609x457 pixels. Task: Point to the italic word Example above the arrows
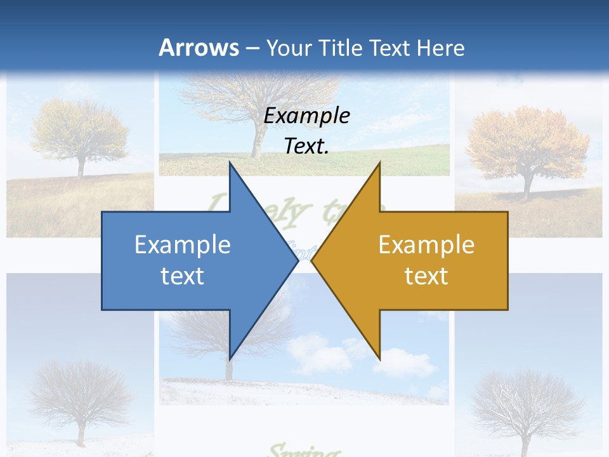click(x=307, y=116)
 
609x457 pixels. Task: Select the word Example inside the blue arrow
click(x=183, y=244)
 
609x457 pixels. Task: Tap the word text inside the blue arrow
click(x=183, y=275)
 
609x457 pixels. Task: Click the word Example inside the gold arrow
click(x=426, y=244)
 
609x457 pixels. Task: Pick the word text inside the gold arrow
click(x=426, y=275)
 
